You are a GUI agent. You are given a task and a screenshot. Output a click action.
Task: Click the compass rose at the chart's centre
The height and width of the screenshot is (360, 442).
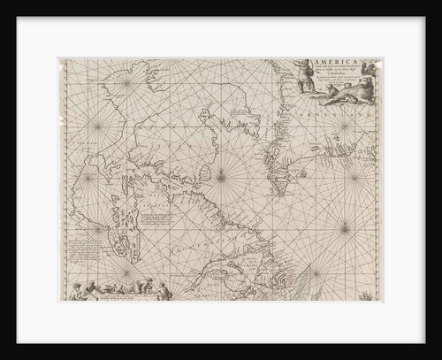[220, 178]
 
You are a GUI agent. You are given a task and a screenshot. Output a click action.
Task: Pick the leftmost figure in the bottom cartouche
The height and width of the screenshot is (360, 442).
[80, 290]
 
